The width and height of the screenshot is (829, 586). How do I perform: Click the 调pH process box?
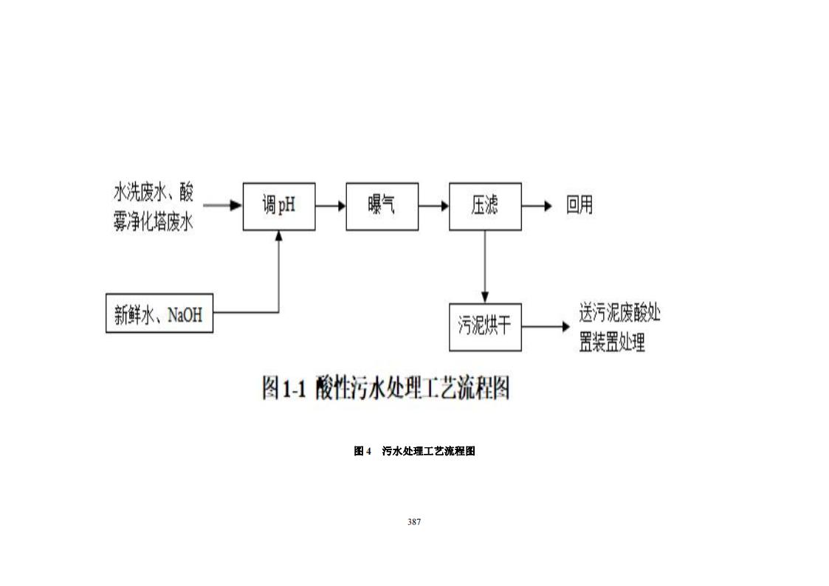[x=279, y=206]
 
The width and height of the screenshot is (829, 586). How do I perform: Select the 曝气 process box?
[x=382, y=206]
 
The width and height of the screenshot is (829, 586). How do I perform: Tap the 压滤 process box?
[x=485, y=206]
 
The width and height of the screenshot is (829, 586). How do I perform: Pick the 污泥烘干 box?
[x=485, y=326]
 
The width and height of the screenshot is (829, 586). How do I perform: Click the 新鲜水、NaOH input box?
[x=159, y=315]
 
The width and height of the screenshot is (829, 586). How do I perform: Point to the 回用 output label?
[x=579, y=205]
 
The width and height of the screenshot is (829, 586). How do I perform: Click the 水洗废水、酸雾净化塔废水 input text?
[x=153, y=207]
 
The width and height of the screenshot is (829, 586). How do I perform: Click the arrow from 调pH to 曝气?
[x=331, y=206]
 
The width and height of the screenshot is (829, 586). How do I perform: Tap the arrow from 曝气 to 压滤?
[x=433, y=206]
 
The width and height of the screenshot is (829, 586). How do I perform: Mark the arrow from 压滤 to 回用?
[x=537, y=206]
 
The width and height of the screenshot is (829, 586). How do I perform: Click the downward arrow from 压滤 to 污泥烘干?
[x=484, y=266]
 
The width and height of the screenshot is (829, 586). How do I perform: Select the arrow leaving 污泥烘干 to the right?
[x=545, y=326]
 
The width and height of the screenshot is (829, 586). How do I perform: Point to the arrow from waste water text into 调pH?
[x=223, y=205]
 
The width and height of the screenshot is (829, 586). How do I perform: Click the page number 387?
[x=414, y=522]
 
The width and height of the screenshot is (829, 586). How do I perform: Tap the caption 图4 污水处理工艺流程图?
[x=414, y=451]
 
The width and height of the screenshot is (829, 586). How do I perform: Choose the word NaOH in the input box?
[x=185, y=316]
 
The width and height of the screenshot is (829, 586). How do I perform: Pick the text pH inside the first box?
[x=286, y=206]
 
